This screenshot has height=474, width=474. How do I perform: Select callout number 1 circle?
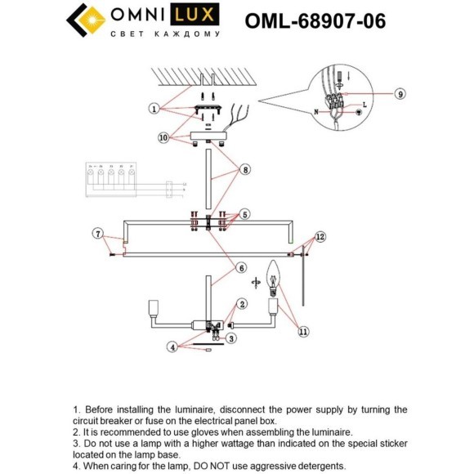(x=153, y=108)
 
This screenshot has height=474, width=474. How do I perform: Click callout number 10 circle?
(x=163, y=139)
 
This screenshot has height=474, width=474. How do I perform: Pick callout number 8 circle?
(x=244, y=171)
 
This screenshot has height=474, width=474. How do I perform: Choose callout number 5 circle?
(x=244, y=216)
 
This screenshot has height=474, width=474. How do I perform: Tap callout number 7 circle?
(x=98, y=235)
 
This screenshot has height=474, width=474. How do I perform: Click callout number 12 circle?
(x=320, y=237)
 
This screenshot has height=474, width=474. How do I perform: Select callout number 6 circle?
(x=241, y=267)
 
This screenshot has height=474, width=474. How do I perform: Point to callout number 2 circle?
(x=241, y=303)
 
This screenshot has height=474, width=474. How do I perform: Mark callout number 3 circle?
(x=231, y=338)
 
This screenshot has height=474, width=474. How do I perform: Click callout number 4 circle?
(x=172, y=347)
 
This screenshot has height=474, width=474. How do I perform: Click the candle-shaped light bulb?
(x=275, y=277)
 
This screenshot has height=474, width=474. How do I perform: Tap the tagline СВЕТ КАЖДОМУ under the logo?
(x=165, y=36)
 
